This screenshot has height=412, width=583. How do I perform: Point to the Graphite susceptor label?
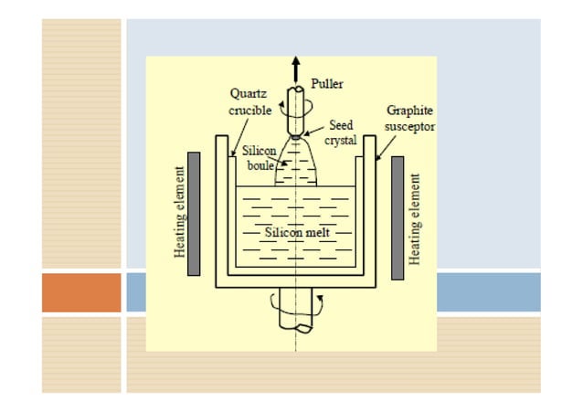408,118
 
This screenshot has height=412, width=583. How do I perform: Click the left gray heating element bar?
193,216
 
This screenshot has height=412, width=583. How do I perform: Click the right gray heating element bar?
397,217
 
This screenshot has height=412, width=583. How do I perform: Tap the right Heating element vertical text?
416,219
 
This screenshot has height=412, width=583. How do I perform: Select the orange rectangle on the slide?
81,292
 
